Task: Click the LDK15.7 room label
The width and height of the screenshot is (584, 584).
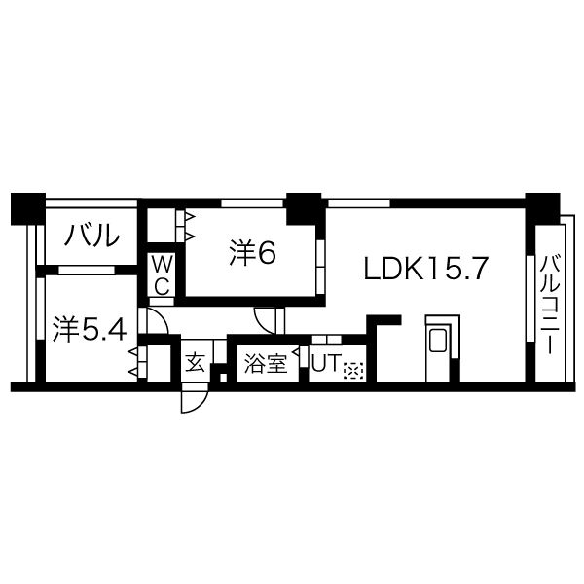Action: [425, 269]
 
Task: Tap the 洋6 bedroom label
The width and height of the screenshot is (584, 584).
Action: [252, 253]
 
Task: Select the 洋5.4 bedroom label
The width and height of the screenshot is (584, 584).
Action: [90, 329]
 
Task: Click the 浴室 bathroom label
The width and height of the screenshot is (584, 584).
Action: [266, 363]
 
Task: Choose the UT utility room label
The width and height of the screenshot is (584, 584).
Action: [326, 362]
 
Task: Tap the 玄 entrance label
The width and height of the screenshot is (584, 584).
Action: [196, 363]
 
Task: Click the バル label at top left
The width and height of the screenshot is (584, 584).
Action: [91, 235]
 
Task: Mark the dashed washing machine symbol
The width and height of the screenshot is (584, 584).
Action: [353, 370]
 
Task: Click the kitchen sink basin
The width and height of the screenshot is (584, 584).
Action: [438, 340]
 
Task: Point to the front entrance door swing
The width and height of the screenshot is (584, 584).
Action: [194, 401]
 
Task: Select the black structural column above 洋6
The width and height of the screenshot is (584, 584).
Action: [304, 208]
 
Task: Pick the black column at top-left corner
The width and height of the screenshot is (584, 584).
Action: [28, 208]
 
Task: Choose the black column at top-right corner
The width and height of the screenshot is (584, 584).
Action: [543, 208]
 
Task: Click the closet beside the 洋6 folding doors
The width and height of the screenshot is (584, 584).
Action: [162, 226]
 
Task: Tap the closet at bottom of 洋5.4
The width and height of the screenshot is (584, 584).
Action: [159, 363]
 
